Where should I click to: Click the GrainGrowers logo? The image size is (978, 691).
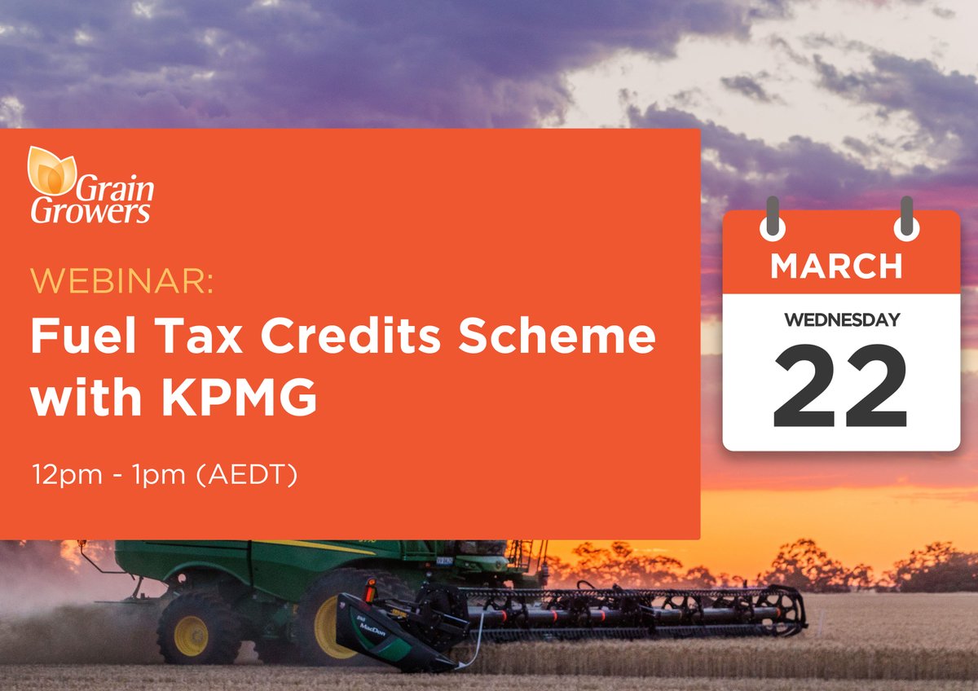pyautogui.click(x=90, y=187)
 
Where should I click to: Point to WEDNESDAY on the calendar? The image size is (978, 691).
pyautogui.click(x=841, y=319)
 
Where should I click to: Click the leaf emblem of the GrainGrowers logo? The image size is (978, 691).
pyautogui.click(x=51, y=169)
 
